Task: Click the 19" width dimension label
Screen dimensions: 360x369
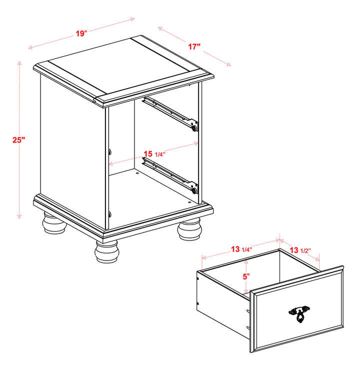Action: pyautogui.click(x=81, y=33)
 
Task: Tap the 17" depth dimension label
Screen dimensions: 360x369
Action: pyautogui.click(x=194, y=46)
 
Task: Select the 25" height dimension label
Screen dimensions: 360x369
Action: pyautogui.click(x=18, y=140)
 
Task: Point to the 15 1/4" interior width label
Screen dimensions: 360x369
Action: pyautogui.click(x=154, y=154)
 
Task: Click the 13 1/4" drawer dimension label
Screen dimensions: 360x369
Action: pyautogui.click(x=241, y=249)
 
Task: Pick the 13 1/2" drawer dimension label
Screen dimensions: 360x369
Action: pyautogui.click(x=300, y=250)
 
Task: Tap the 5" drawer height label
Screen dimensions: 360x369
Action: pyautogui.click(x=246, y=276)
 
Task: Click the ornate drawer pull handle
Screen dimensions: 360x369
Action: pyautogui.click(x=299, y=313)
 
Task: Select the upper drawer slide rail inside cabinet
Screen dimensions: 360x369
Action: pyautogui.click(x=170, y=113)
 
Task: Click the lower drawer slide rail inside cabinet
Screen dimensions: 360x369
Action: pyautogui.click(x=170, y=175)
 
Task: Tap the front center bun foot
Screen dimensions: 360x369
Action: pyautogui.click(x=107, y=251)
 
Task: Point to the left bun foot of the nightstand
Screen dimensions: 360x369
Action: pyautogui.click(x=54, y=223)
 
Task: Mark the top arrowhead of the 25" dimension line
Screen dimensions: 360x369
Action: pyautogui.click(x=19, y=63)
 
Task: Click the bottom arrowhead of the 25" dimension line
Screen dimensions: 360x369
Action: pyautogui.click(x=19, y=216)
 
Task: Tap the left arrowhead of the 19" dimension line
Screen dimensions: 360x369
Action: pyautogui.click(x=30, y=47)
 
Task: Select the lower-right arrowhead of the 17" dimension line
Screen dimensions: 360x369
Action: pyautogui.click(x=228, y=64)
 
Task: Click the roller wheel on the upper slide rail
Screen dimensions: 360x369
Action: pyautogui.click(x=194, y=128)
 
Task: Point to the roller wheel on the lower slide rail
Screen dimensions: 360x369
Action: pyautogui.click(x=194, y=191)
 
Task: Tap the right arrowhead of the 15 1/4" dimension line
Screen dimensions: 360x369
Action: pyautogui.click(x=196, y=143)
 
